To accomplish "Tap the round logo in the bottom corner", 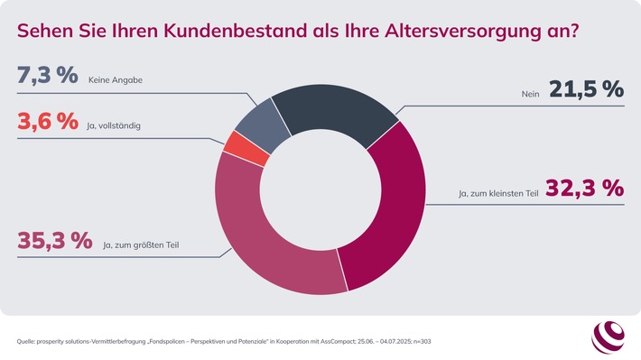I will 608,337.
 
